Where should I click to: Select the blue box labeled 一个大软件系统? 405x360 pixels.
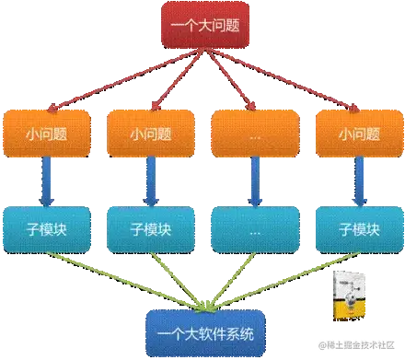[x=203, y=331]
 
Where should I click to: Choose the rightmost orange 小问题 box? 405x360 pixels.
[x=355, y=133]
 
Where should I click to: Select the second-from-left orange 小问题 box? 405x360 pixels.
[x=150, y=133]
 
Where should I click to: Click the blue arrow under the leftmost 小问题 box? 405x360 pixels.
[x=47, y=180]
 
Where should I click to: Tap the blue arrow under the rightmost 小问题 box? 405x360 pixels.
[x=355, y=180]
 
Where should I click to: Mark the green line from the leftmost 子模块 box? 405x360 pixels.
[x=120, y=280]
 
